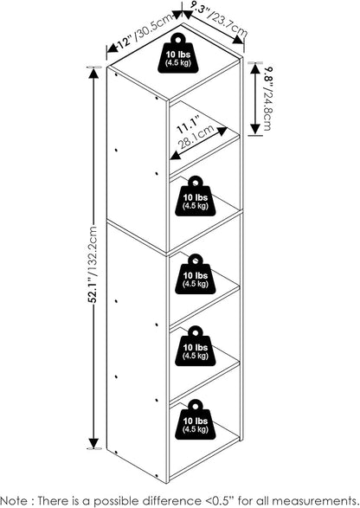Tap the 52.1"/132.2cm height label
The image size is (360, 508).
(x=93, y=264)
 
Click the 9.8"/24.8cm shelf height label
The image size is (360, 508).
(x=268, y=99)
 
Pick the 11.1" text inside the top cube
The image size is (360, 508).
(x=187, y=125)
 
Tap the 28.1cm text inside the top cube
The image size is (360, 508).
(x=196, y=137)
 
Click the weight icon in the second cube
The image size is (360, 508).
(x=195, y=196)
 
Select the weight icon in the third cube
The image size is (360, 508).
(x=195, y=274)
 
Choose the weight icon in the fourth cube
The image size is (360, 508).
(x=195, y=346)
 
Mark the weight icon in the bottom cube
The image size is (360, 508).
(x=195, y=420)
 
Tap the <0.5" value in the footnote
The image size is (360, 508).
(x=222, y=500)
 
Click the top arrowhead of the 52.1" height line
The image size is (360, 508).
(x=93, y=74)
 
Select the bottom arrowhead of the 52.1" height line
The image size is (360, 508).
(x=93, y=443)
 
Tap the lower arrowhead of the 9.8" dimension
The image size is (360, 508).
(x=255, y=129)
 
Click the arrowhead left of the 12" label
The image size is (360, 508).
(x=112, y=48)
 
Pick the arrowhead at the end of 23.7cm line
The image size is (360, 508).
(x=238, y=40)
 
